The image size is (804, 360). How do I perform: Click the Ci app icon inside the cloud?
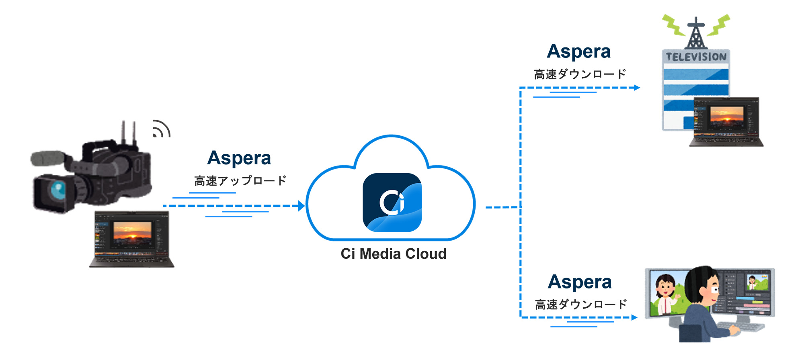point(392,202)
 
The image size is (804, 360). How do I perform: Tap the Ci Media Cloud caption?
point(394,254)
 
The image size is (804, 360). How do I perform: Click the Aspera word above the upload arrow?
point(239,158)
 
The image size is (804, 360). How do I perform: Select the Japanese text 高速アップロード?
point(240,181)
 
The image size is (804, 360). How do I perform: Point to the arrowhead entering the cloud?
point(301,206)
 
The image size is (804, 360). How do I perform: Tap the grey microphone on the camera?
point(47,158)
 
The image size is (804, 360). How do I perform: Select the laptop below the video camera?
point(131,239)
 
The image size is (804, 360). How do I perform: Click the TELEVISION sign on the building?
point(696,57)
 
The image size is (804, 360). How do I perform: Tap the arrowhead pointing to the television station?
point(637,88)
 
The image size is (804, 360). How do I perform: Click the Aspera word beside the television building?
point(579,51)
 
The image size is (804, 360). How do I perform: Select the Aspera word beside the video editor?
point(580,282)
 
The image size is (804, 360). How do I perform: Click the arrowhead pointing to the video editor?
point(634,317)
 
